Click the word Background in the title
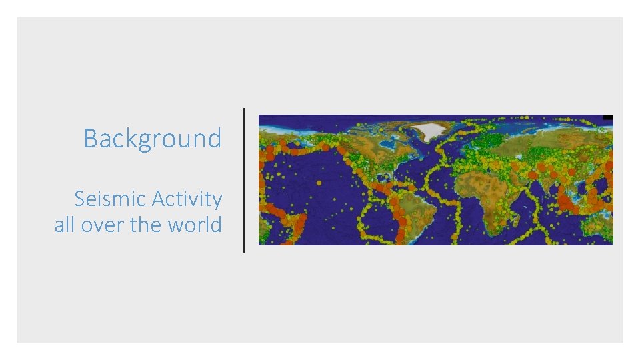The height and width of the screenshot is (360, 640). (x=152, y=139)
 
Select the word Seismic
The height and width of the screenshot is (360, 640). (x=111, y=199)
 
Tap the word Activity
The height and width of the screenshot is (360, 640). (x=187, y=199)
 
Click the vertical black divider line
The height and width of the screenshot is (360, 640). (x=244, y=180)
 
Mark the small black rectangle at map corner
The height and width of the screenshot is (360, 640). (x=607, y=117)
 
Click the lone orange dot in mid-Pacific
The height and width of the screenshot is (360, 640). (x=319, y=182)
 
